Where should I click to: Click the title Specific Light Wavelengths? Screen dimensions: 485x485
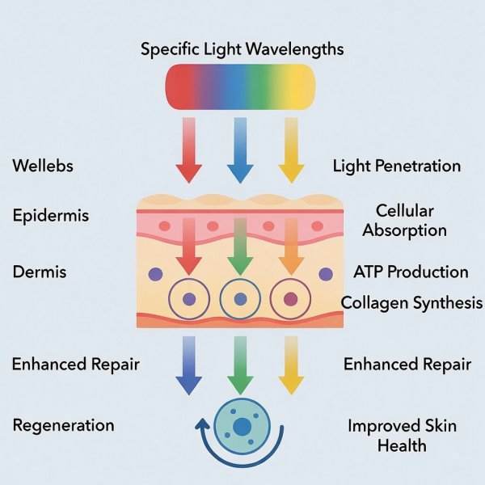(x=242, y=48)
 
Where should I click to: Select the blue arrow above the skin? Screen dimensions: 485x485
(x=240, y=150)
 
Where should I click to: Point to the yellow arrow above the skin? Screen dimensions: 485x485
(x=291, y=150)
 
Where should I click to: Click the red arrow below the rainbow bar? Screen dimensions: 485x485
(x=188, y=150)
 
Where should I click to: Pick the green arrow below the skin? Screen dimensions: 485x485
(x=239, y=365)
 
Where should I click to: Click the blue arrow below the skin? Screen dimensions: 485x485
(x=188, y=365)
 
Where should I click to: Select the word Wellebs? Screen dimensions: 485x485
(x=43, y=167)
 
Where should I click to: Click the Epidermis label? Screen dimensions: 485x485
(x=51, y=216)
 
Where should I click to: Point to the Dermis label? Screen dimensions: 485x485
(x=40, y=272)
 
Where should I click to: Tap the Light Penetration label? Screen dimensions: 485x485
(x=397, y=167)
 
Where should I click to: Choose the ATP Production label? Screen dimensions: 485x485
(x=411, y=272)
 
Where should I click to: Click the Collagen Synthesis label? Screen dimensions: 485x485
(x=411, y=303)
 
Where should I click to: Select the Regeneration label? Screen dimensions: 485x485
(x=63, y=425)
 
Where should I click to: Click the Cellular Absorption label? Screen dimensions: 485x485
(x=404, y=220)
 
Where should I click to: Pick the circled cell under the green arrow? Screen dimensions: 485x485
(x=239, y=300)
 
